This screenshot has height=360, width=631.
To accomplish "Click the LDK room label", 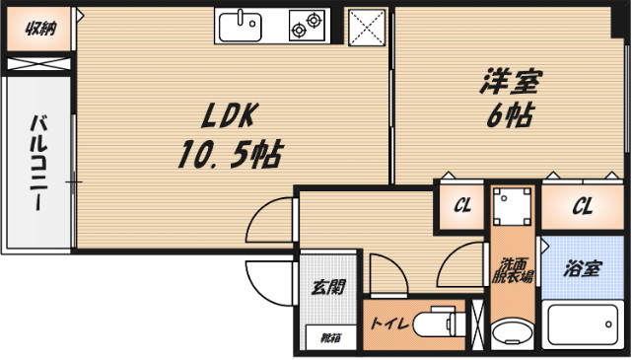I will tap(229, 116).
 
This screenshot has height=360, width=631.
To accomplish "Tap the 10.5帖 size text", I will tap(229, 154).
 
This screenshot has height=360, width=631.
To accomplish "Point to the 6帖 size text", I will tap(511, 116).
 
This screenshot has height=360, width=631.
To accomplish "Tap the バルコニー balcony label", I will tap(39, 164).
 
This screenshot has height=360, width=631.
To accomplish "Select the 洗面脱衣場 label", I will tap(513, 269).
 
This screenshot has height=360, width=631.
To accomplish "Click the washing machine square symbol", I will tap(513, 208).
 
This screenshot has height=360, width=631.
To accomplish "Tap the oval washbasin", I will tap(513, 333).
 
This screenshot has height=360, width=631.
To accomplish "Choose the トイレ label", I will tap(388, 324).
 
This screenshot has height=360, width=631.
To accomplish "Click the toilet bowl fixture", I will tap(434, 324).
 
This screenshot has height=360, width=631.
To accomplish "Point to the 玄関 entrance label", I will tap(328, 289).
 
